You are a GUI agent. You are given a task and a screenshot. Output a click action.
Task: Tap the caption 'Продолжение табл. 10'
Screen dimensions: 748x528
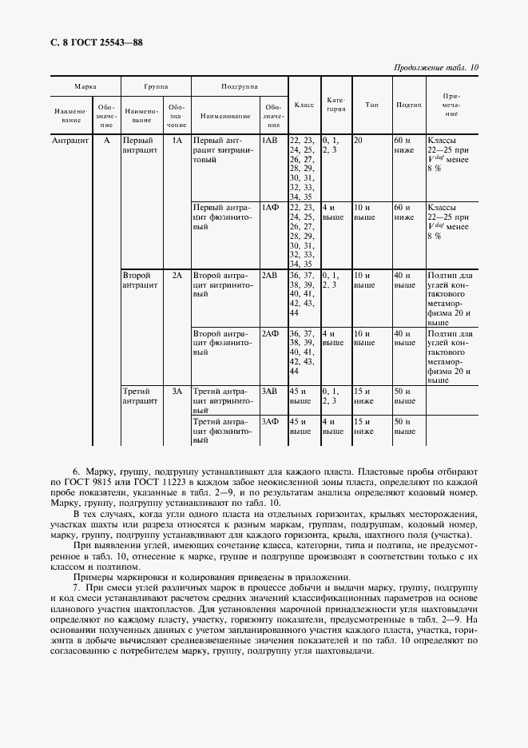coord(436,68)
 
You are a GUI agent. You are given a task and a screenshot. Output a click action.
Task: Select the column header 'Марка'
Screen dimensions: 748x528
coord(85,85)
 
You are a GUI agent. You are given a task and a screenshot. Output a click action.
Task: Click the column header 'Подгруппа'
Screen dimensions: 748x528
coord(238,85)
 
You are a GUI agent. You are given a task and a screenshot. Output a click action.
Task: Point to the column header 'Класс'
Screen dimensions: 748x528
coord(304,105)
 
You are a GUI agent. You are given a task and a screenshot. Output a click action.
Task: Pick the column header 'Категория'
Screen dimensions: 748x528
coord(336,105)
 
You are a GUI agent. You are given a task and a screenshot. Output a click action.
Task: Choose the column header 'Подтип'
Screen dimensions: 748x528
coord(409,105)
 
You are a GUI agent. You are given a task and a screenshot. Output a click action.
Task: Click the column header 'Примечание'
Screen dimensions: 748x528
coord(451,105)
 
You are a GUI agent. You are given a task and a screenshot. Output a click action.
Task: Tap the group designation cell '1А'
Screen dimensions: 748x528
coord(177,141)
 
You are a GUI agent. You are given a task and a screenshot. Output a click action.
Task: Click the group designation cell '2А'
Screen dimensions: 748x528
coord(177,275)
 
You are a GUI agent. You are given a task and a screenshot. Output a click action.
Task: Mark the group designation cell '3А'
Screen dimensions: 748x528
coord(177,392)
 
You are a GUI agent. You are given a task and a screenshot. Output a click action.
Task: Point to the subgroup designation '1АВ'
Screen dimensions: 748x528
coord(270,141)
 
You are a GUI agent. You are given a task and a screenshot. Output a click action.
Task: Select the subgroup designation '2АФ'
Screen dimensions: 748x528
coord(270,333)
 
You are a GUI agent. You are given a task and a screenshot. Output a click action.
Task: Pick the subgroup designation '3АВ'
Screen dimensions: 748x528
coord(270,392)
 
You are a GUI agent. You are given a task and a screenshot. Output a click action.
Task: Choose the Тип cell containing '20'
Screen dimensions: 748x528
coord(358,141)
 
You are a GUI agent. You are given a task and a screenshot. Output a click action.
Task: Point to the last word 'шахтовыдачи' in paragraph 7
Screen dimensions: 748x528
coord(346,651)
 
